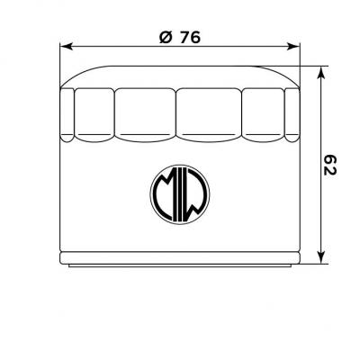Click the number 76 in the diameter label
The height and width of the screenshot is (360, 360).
pos(191,38)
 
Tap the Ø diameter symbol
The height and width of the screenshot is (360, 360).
pos(166,38)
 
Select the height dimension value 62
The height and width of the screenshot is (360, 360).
pos(330,165)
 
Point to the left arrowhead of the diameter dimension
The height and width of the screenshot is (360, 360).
pos(67,47)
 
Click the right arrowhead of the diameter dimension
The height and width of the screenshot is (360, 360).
pos(293,47)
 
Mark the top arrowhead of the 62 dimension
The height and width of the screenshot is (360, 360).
pos(321,73)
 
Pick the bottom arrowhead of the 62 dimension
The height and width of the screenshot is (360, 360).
pos(321,257)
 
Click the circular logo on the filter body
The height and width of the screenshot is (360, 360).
pos(180,194)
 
